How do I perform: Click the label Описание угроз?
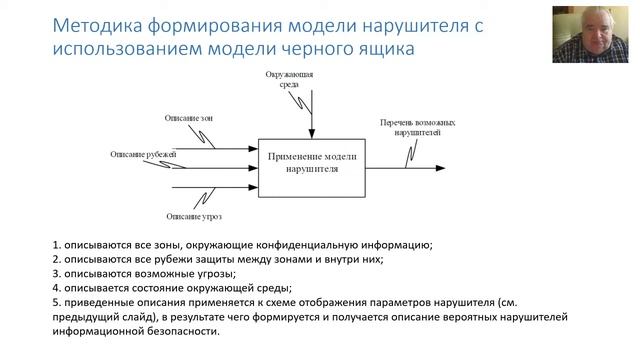tap(188, 215)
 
